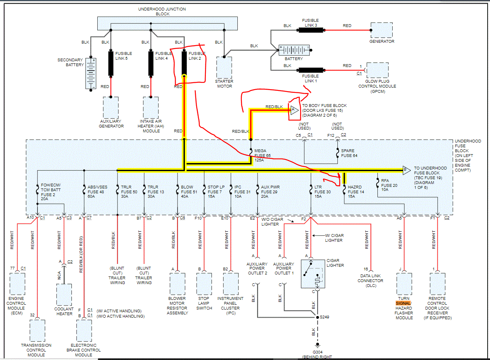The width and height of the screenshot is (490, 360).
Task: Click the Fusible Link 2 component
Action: pyautogui.click(x=184, y=63)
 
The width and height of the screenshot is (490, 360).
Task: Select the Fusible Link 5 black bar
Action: pyautogui.click(x=111, y=63)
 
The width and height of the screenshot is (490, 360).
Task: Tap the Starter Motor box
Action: pyautogui.click(x=224, y=67)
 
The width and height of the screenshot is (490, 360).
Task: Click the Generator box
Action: pyautogui.click(x=381, y=30)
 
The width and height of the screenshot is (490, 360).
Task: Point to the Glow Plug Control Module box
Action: pyautogui.click(x=377, y=70)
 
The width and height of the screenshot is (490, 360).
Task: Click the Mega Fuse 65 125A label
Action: pyautogui.click(x=260, y=155)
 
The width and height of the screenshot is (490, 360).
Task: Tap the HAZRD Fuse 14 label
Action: pyautogui.click(x=356, y=192)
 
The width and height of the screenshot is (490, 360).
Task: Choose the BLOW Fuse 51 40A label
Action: pyautogui.click(x=189, y=192)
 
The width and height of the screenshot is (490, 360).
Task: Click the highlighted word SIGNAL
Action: pyautogui.click(x=403, y=303)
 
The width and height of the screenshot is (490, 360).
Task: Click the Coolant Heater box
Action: pyautogui.click(x=65, y=295)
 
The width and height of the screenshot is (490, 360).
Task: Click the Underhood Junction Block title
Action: pyautogui.click(x=154, y=11)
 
